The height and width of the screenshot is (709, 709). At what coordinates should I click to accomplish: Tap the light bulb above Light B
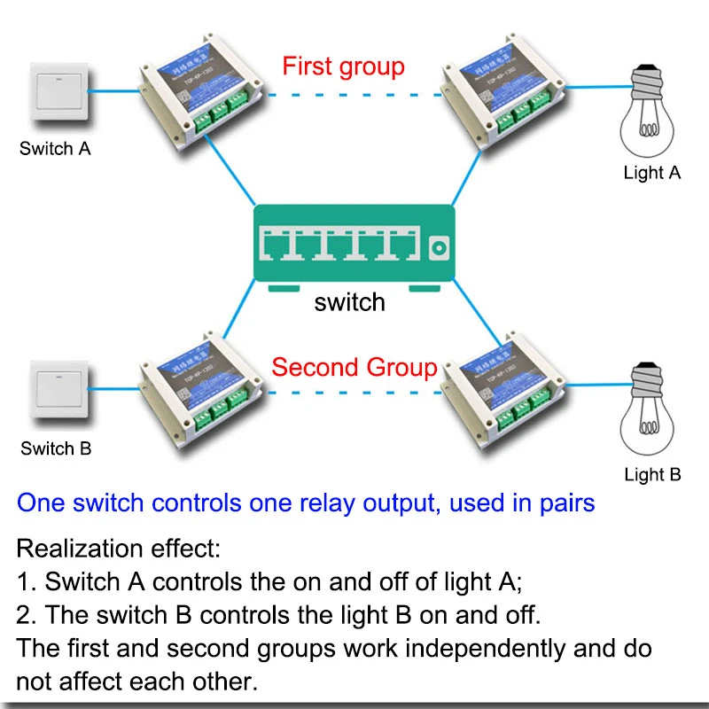click(x=651, y=413)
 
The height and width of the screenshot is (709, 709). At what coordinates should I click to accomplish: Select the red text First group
click(x=343, y=66)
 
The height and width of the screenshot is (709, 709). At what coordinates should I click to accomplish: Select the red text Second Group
click(x=354, y=367)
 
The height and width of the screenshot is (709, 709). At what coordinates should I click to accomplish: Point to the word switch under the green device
click(x=349, y=302)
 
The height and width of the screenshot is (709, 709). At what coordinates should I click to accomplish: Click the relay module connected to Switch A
click(x=201, y=100)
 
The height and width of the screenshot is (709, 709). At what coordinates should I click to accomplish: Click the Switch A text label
click(x=55, y=149)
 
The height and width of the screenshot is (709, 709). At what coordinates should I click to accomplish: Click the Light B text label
click(x=651, y=474)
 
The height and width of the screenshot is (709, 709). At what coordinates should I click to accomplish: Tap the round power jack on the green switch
click(x=437, y=248)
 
